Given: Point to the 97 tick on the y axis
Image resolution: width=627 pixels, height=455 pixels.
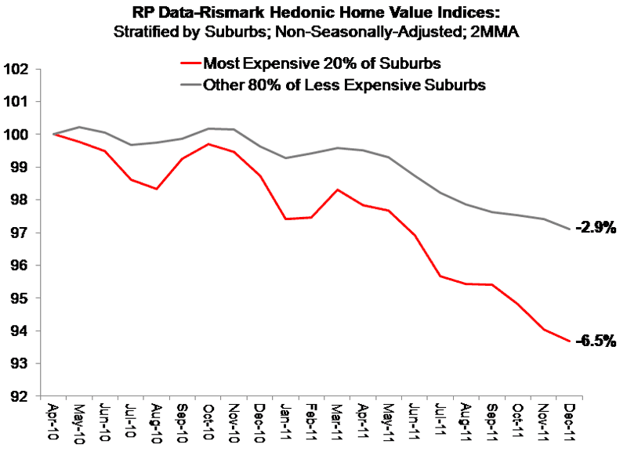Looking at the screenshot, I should click(x=19, y=233).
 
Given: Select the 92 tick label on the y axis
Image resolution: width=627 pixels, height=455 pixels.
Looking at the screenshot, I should click(x=19, y=396).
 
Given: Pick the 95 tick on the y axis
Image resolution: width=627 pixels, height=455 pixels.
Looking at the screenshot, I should click(x=19, y=298).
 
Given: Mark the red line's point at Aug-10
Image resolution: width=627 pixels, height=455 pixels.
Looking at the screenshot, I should click(x=156, y=189).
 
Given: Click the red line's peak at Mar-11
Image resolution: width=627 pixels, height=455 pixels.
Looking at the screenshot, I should click(x=337, y=190).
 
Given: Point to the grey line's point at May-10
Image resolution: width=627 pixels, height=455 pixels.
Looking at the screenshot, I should click(x=79, y=127).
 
